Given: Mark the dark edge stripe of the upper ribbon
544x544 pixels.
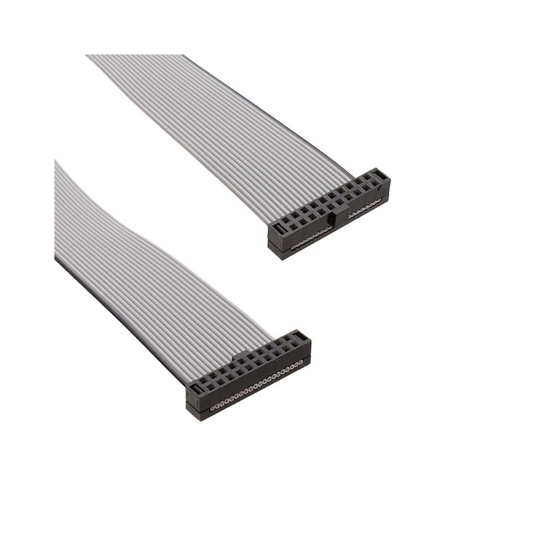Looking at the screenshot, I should coord(272,116).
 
